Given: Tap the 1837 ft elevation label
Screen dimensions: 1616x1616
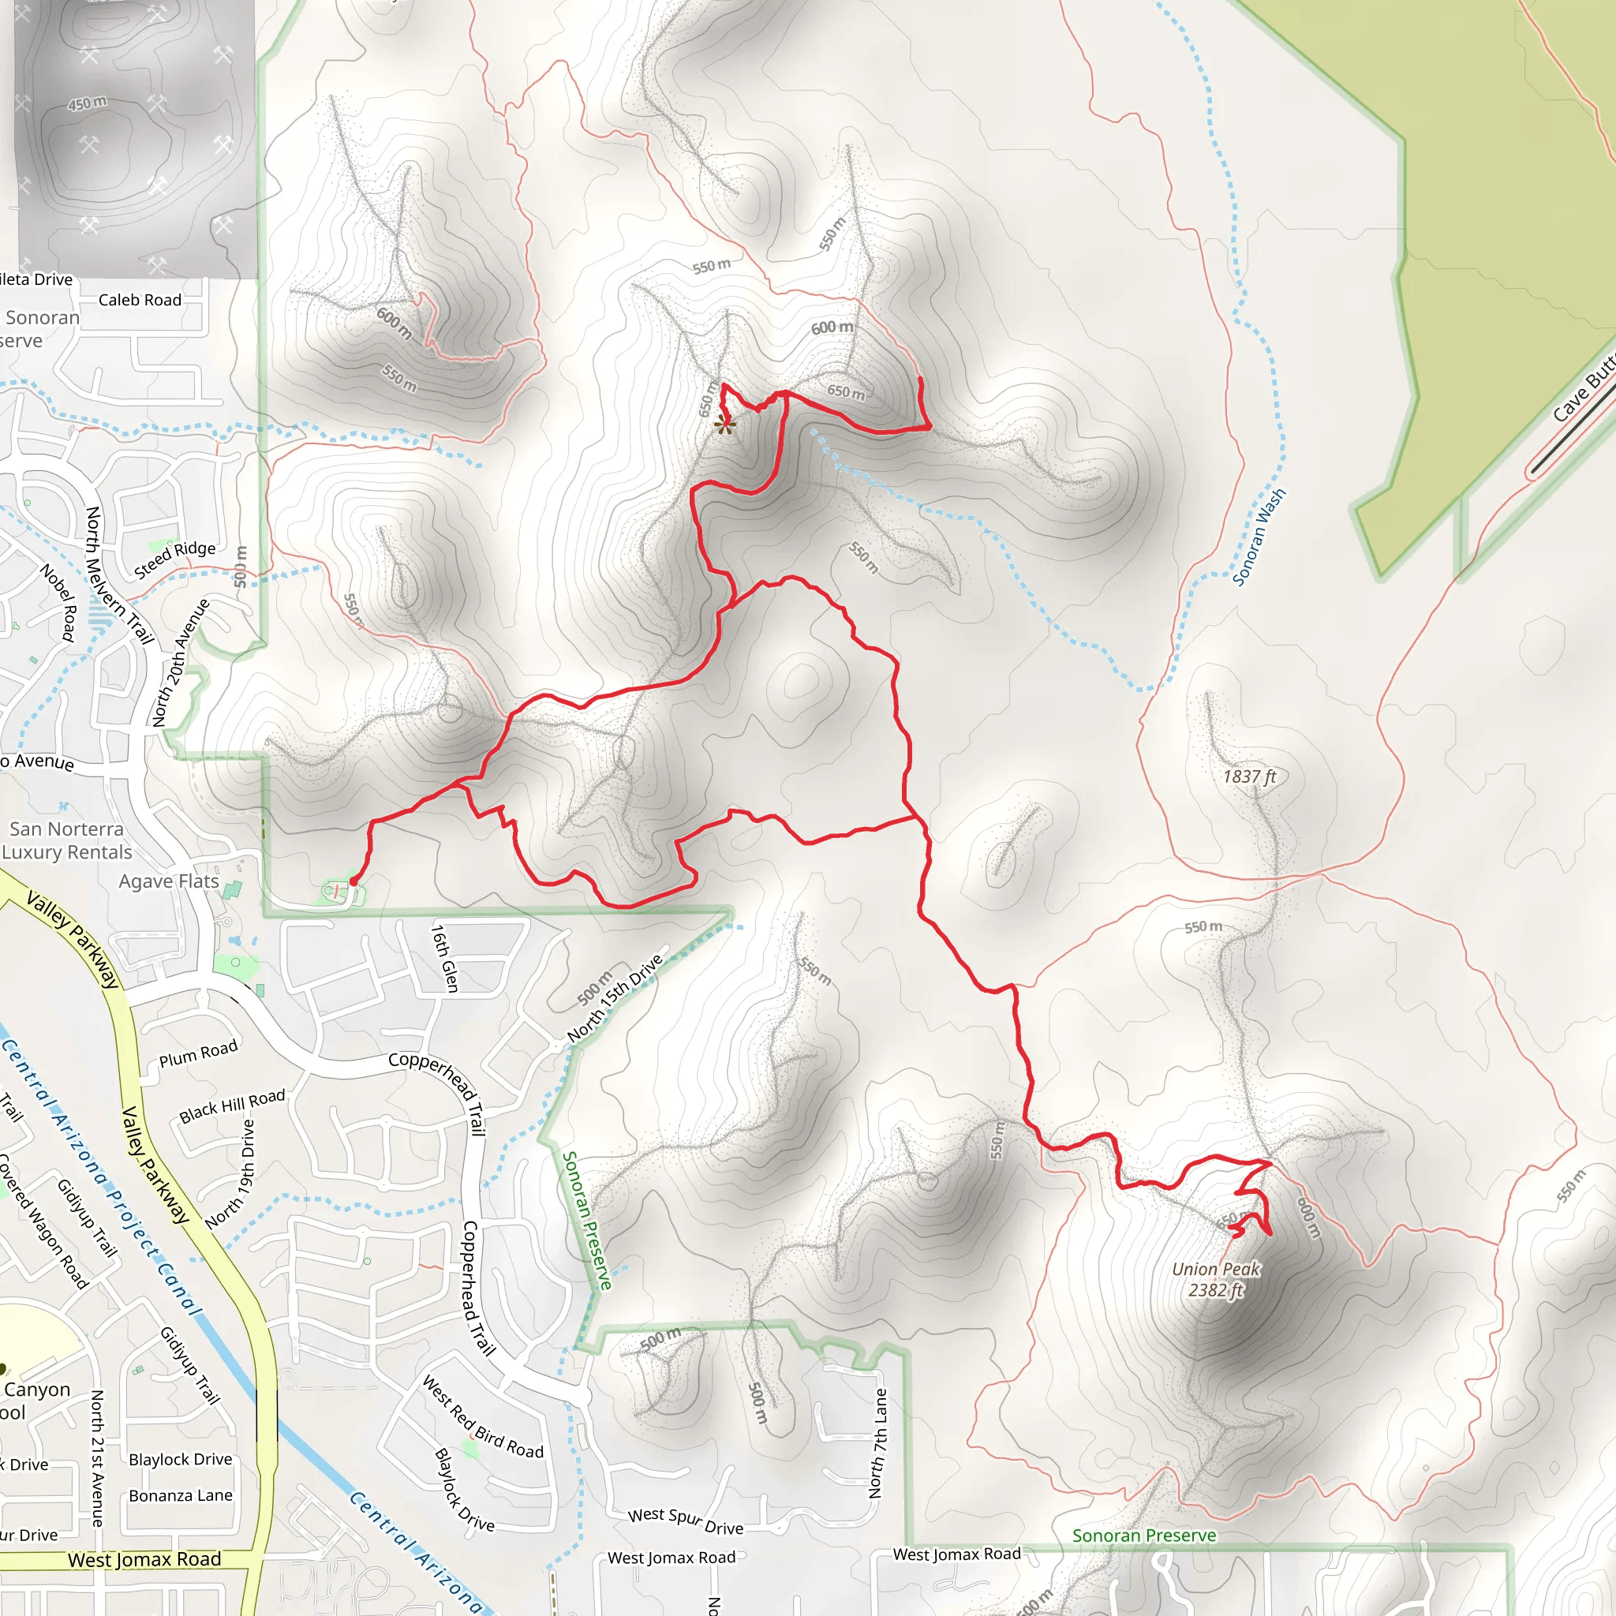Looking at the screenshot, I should (1250, 776).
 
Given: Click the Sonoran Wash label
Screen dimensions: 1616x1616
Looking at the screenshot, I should (1259, 538).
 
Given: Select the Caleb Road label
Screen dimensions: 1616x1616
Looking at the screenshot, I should (140, 299).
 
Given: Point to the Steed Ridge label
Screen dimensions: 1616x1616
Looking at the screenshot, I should (175, 559).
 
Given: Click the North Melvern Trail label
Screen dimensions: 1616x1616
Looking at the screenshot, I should (120, 575).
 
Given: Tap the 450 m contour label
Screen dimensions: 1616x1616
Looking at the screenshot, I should (87, 103).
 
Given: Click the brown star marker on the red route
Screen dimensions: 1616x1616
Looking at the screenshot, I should (725, 426).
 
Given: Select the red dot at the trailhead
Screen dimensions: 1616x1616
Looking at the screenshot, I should (353, 881).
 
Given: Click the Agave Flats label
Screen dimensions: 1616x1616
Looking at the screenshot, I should (168, 881).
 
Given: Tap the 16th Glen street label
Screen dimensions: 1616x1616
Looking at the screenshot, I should (445, 958).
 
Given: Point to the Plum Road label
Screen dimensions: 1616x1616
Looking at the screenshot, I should (198, 1054).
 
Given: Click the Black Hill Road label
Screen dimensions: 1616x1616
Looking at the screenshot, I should (232, 1105).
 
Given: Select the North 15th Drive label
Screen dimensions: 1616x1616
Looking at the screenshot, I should (615, 999).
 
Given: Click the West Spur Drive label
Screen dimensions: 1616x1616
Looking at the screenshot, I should (686, 1521).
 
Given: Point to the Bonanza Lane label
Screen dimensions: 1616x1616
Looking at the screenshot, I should (181, 1495).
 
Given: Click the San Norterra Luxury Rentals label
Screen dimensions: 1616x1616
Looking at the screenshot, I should (67, 840).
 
